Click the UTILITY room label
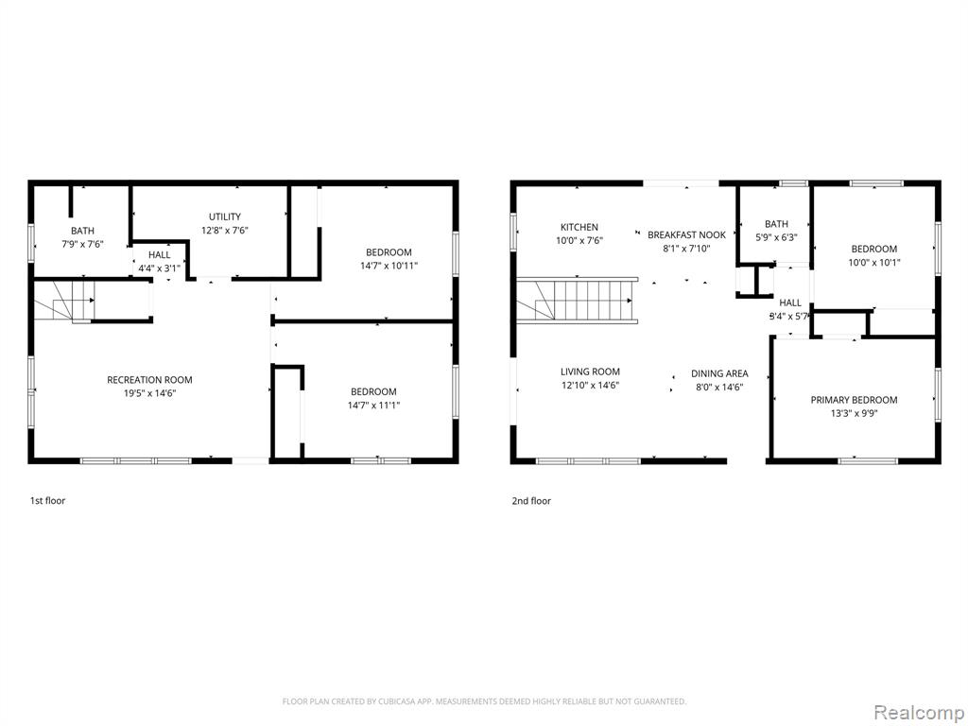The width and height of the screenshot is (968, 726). coord(225,216)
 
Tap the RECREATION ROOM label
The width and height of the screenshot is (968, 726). coord(149,380)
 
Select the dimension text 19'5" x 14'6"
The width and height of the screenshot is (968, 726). coord(149,393)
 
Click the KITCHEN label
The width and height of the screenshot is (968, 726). coord(579,227)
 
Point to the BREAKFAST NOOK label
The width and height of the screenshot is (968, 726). coord(686,235)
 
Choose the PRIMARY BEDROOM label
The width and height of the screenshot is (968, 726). coord(854,400)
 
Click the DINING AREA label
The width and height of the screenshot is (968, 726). coord(719,373)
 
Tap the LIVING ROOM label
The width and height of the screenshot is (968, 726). coord(590,372)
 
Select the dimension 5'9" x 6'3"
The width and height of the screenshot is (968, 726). coord(776,237)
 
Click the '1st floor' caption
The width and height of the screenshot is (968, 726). coord(47,501)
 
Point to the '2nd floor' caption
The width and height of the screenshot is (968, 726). coord(531,501)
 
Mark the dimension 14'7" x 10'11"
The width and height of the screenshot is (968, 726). coord(389,266)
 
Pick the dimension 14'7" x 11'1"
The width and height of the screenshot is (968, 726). coord(373,405)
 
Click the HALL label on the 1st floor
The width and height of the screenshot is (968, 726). coord(159,255)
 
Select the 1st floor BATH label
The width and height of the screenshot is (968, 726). coord(83,231)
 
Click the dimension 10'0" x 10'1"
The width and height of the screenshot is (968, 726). coord(874,263)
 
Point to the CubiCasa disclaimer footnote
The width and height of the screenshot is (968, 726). coord(484,701)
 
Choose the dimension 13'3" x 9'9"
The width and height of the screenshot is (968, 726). coord(854,414)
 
